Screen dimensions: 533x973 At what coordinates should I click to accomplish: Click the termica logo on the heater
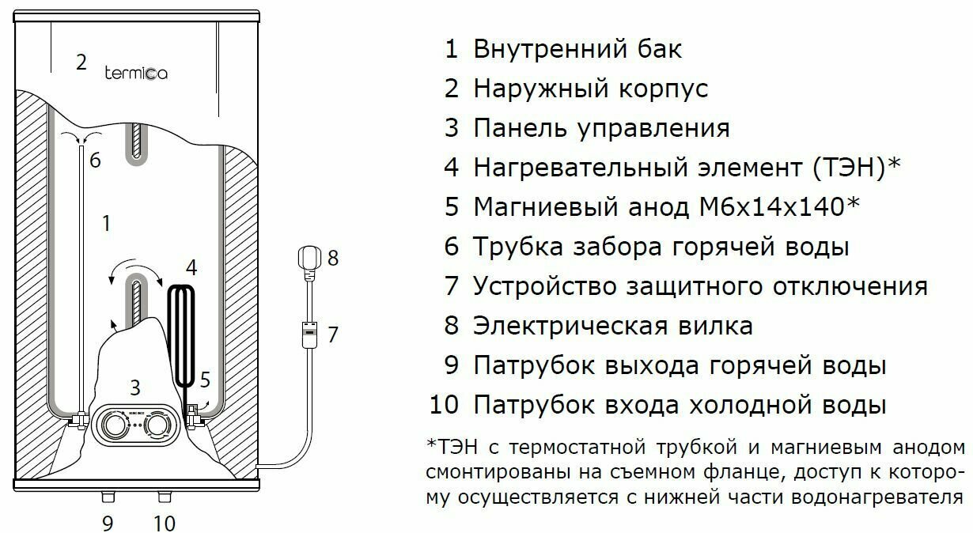tap(135, 73)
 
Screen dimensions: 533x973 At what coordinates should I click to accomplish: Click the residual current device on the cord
tap(309, 332)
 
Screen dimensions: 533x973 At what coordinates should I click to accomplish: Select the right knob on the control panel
tap(159, 426)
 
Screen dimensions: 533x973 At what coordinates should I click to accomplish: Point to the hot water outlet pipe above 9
tap(108, 497)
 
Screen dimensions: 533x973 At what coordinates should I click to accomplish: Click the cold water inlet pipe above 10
tap(164, 497)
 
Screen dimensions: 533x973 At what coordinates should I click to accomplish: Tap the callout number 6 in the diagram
tap(95, 161)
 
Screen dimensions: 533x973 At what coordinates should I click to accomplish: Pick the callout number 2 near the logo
tap(81, 62)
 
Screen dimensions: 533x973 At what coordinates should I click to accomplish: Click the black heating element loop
tap(182, 332)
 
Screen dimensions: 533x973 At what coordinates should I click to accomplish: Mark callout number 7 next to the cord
tap(333, 335)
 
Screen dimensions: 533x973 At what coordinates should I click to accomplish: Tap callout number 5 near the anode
tap(205, 380)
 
